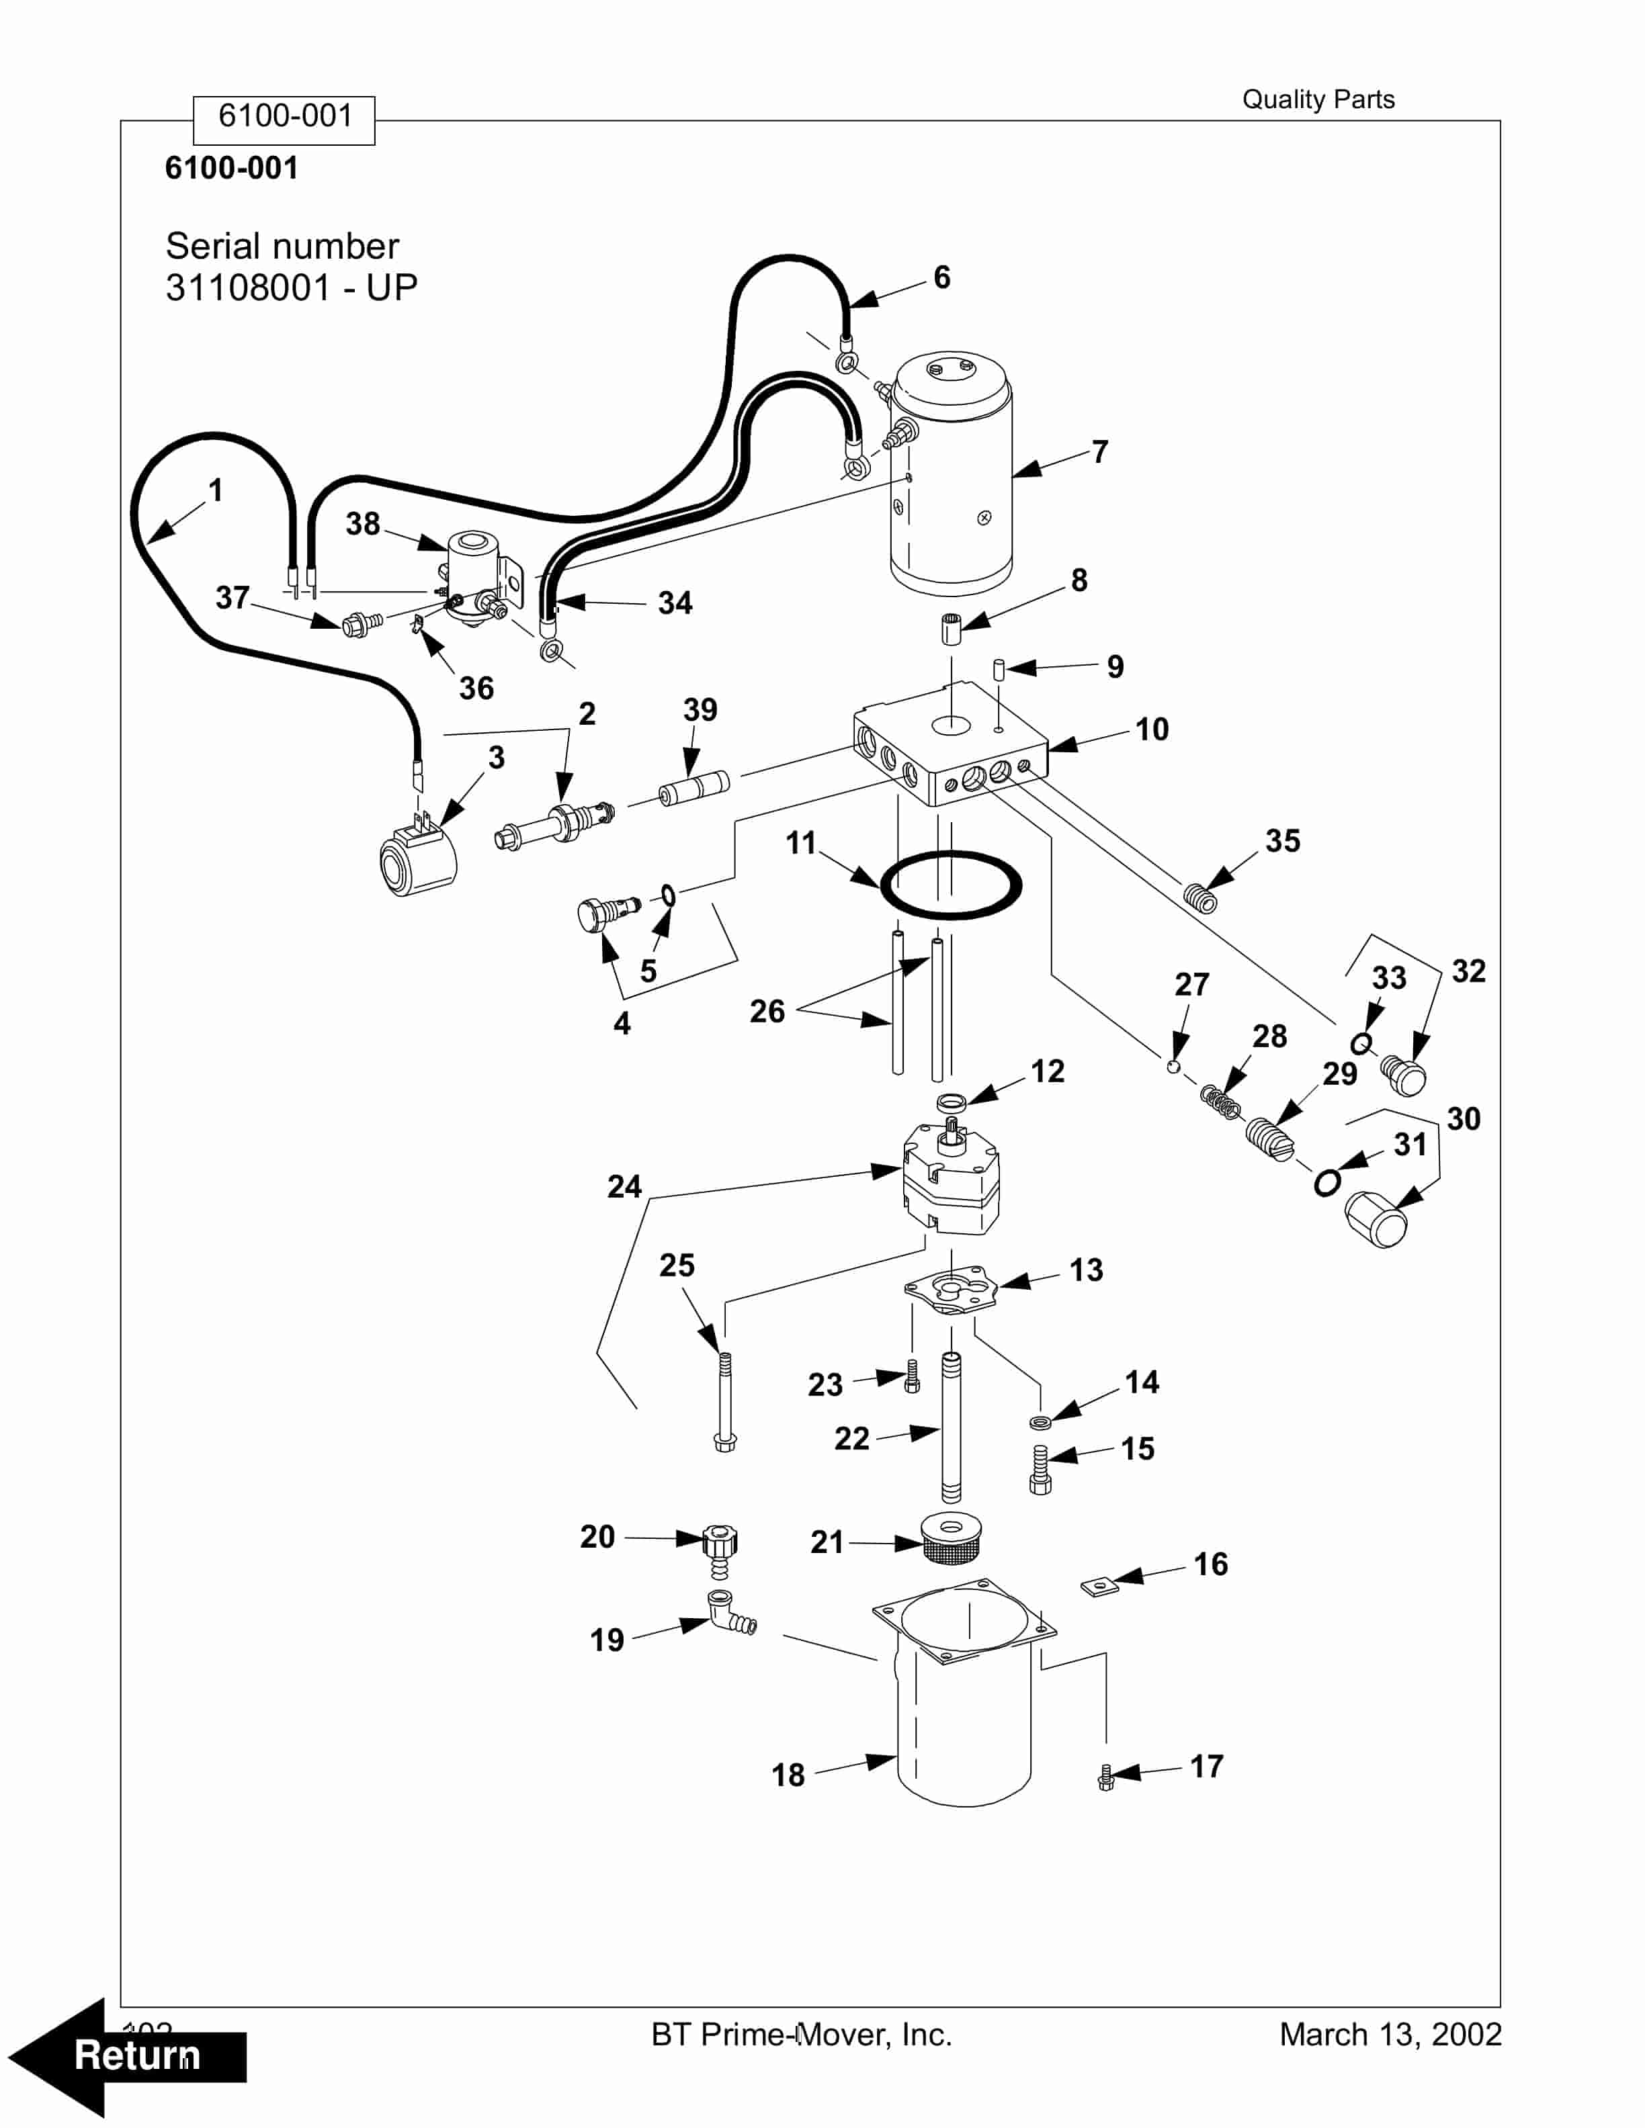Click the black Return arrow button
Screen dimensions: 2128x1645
click(127, 2056)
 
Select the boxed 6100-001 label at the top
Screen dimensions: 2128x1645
click(284, 117)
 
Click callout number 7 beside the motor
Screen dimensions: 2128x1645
click(1099, 452)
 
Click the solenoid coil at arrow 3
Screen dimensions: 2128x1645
click(417, 859)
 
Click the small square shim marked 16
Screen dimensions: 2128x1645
click(1097, 1587)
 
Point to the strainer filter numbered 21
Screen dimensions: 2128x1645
click(950, 1538)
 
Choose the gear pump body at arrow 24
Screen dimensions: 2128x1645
click(950, 1181)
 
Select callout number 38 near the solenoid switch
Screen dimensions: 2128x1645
click(362, 524)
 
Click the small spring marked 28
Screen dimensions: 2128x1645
click(1221, 1103)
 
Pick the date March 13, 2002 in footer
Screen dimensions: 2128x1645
click(1390, 2035)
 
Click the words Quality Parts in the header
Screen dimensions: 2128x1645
click(1318, 99)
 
